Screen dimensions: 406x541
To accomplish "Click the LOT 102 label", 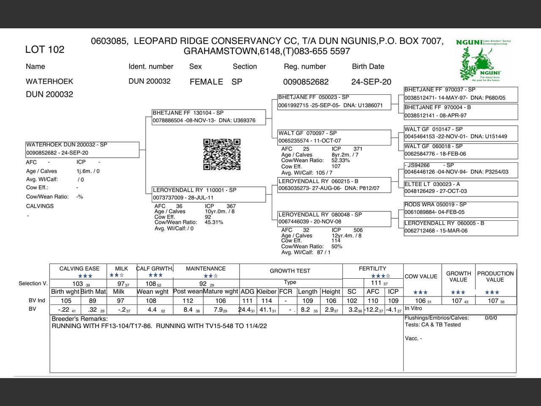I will point(45,49).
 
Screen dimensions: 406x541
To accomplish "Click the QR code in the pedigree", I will point(222,154).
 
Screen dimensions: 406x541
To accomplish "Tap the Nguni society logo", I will point(484,60).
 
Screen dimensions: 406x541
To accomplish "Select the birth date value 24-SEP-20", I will point(371,82).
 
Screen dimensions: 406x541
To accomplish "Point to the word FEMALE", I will point(206,82).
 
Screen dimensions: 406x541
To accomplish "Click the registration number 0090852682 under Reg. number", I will point(306,82).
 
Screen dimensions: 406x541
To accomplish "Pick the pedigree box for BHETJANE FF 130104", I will point(209,117).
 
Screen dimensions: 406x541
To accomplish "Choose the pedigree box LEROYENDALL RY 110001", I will point(209,194).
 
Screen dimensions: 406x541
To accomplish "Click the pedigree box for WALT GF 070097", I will point(334,137).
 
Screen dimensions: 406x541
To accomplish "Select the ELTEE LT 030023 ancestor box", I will point(460,188).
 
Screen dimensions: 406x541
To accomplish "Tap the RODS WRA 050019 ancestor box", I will point(460,208).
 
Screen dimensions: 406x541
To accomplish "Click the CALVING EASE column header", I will point(79,269).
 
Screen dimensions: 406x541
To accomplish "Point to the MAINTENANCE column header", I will point(206,269).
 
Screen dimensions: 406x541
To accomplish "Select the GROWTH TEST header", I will point(290,271).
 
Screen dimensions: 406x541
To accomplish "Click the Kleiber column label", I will point(267,291).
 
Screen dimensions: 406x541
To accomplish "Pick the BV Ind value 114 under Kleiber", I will point(267,301).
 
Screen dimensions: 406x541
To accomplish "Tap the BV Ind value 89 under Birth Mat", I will point(93,301).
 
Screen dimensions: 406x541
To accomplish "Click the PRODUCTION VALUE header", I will point(495,277).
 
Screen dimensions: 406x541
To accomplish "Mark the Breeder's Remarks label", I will point(79,319).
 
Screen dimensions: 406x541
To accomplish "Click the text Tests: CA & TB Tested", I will point(432,325).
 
